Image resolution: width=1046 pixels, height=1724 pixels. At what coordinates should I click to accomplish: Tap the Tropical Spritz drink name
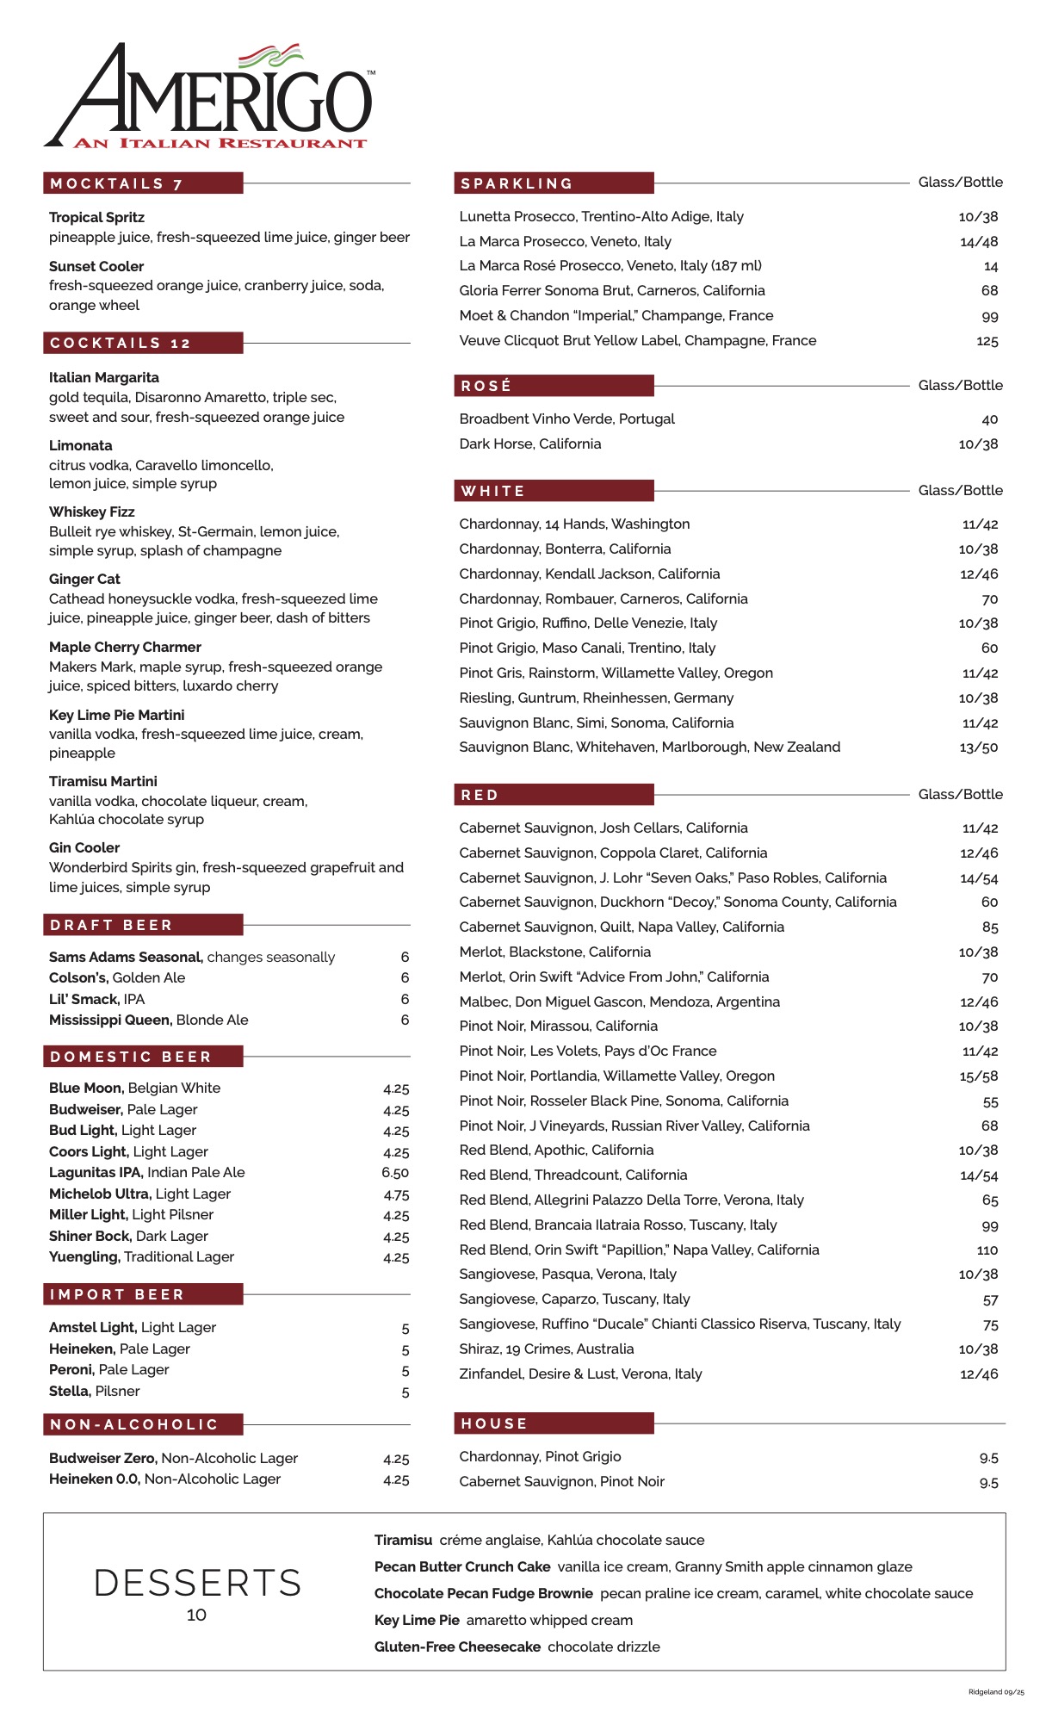point(96,218)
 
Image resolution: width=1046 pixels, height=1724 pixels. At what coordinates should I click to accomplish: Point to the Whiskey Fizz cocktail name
point(92,512)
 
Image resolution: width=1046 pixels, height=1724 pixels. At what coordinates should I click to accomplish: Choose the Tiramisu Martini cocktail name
point(103,782)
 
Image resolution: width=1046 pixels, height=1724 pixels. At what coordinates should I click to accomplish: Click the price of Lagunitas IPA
point(395,1173)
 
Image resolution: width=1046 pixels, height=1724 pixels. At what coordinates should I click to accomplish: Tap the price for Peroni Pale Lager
point(405,1371)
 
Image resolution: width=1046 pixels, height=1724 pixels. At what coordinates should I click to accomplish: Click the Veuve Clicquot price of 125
point(987,341)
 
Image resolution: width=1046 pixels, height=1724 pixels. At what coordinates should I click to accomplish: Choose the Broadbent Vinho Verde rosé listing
point(566,419)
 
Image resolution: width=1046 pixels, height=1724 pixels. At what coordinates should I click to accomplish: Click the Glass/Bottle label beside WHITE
point(960,491)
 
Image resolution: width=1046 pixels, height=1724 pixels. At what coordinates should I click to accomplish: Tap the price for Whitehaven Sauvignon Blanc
point(979,747)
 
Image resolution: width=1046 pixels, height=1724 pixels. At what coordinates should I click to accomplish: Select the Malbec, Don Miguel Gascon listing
point(619,1002)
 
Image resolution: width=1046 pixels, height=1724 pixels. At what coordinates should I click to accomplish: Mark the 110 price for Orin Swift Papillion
point(987,1250)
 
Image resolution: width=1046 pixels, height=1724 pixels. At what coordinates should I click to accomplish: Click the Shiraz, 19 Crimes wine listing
point(546,1349)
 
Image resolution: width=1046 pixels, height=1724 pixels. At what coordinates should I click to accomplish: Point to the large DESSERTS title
point(197,1583)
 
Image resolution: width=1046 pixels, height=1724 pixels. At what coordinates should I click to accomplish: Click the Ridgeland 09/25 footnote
point(996,1692)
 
